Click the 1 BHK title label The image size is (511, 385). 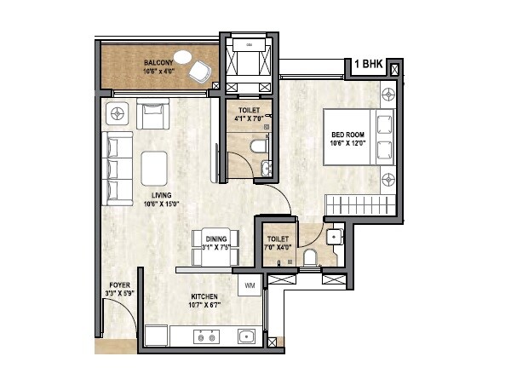pyautogui.click(x=369, y=65)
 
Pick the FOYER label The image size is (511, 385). pyautogui.click(x=119, y=285)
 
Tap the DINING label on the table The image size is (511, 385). pyautogui.click(x=215, y=239)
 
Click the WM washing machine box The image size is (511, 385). pyautogui.click(x=250, y=285)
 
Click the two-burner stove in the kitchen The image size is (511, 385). pyautogui.click(x=205, y=337)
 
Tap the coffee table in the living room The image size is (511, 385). pyautogui.click(x=154, y=167)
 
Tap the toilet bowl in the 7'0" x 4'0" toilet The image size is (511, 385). pyautogui.click(x=309, y=256)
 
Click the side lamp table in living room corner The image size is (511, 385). pyautogui.click(x=116, y=112)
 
